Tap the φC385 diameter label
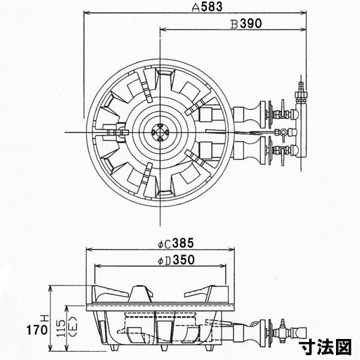(173, 244)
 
